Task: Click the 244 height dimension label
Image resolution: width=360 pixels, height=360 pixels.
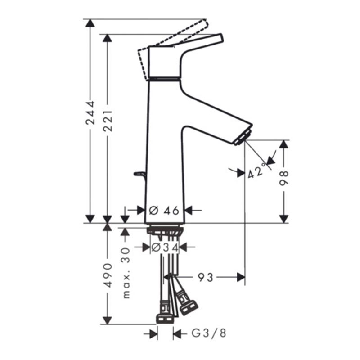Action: click(x=90, y=112)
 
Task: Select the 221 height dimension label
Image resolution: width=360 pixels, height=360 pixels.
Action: click(x=108, y=121)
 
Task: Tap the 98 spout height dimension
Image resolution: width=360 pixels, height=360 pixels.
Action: click(x=284, y=178)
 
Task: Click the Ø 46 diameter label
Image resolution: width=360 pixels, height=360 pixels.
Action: click(x=164, y=210)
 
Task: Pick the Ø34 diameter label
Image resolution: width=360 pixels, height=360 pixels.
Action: click(x=165, y=247)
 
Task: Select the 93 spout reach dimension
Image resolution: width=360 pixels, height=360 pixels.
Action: click(x=206, y=277)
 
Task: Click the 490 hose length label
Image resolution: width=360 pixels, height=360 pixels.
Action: click(x=108, y=275)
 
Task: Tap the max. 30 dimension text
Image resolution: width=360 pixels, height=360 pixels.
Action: click(x=126, y=273)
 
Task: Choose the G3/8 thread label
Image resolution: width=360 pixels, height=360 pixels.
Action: click(x=209, y=333)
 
